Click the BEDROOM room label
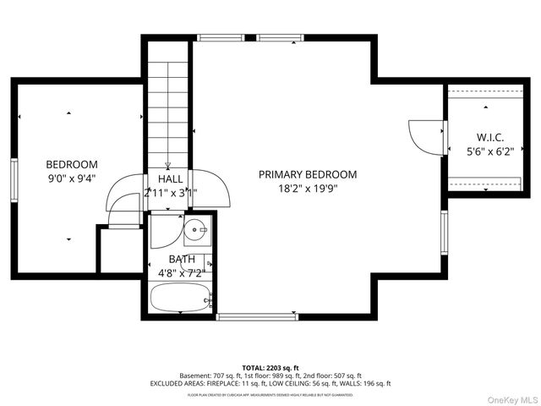(72, 164)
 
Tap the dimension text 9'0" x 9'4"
(72, 178)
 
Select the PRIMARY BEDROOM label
(308, 174)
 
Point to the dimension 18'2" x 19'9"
(308, 189)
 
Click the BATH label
(182, 260)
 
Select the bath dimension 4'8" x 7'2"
(181, 273)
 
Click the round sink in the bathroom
(197, 228)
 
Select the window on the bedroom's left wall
(14, 178)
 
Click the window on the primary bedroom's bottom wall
(257, 316)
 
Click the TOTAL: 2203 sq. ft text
(270, 367)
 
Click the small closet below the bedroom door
(119, 250)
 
